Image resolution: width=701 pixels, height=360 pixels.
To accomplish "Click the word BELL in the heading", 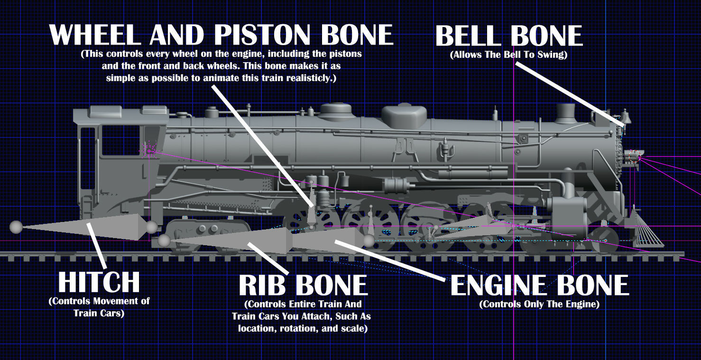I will [x=470, y=36].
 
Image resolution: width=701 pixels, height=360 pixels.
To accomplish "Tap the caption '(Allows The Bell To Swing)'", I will [x=508, y=55].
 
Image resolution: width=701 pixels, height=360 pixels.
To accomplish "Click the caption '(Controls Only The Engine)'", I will [x=539, y=304].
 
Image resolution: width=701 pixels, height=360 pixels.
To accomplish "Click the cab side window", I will [x=120, y=140].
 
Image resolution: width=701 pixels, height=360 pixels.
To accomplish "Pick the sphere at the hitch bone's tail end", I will [x=16, y=227].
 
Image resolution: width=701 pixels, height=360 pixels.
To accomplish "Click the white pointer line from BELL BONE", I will [x=569, y=92].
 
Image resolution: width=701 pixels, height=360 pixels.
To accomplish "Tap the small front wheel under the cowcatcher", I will [x=604, y=240].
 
